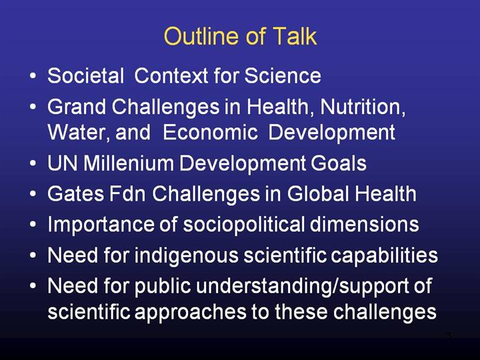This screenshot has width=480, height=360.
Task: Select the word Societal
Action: pyautogui.click(x=86, y=75)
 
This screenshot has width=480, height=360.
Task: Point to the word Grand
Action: pyautogui.click(x=77, y=107)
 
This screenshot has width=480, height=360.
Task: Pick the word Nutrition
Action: pyautogui.click(x=363, y=107)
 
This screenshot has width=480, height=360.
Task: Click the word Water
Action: pyautogui.click(x=79, y=132)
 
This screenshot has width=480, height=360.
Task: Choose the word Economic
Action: pyautogui.click(x=210, y=132)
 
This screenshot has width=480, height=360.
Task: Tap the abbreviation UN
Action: pyautogui.click(x=62, y=163)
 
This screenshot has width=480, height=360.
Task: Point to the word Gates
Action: pyautogui.click(x=75, y=193)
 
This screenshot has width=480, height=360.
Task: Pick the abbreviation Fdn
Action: pyautogui.click(x=127, y=193)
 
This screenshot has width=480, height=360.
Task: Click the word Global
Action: pyautogui.click(x=318, y=193)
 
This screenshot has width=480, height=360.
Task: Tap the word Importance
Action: pyautogui.click(x=101, y=225)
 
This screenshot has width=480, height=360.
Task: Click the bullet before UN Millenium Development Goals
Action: pyautogui.click(x=33, y=163)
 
